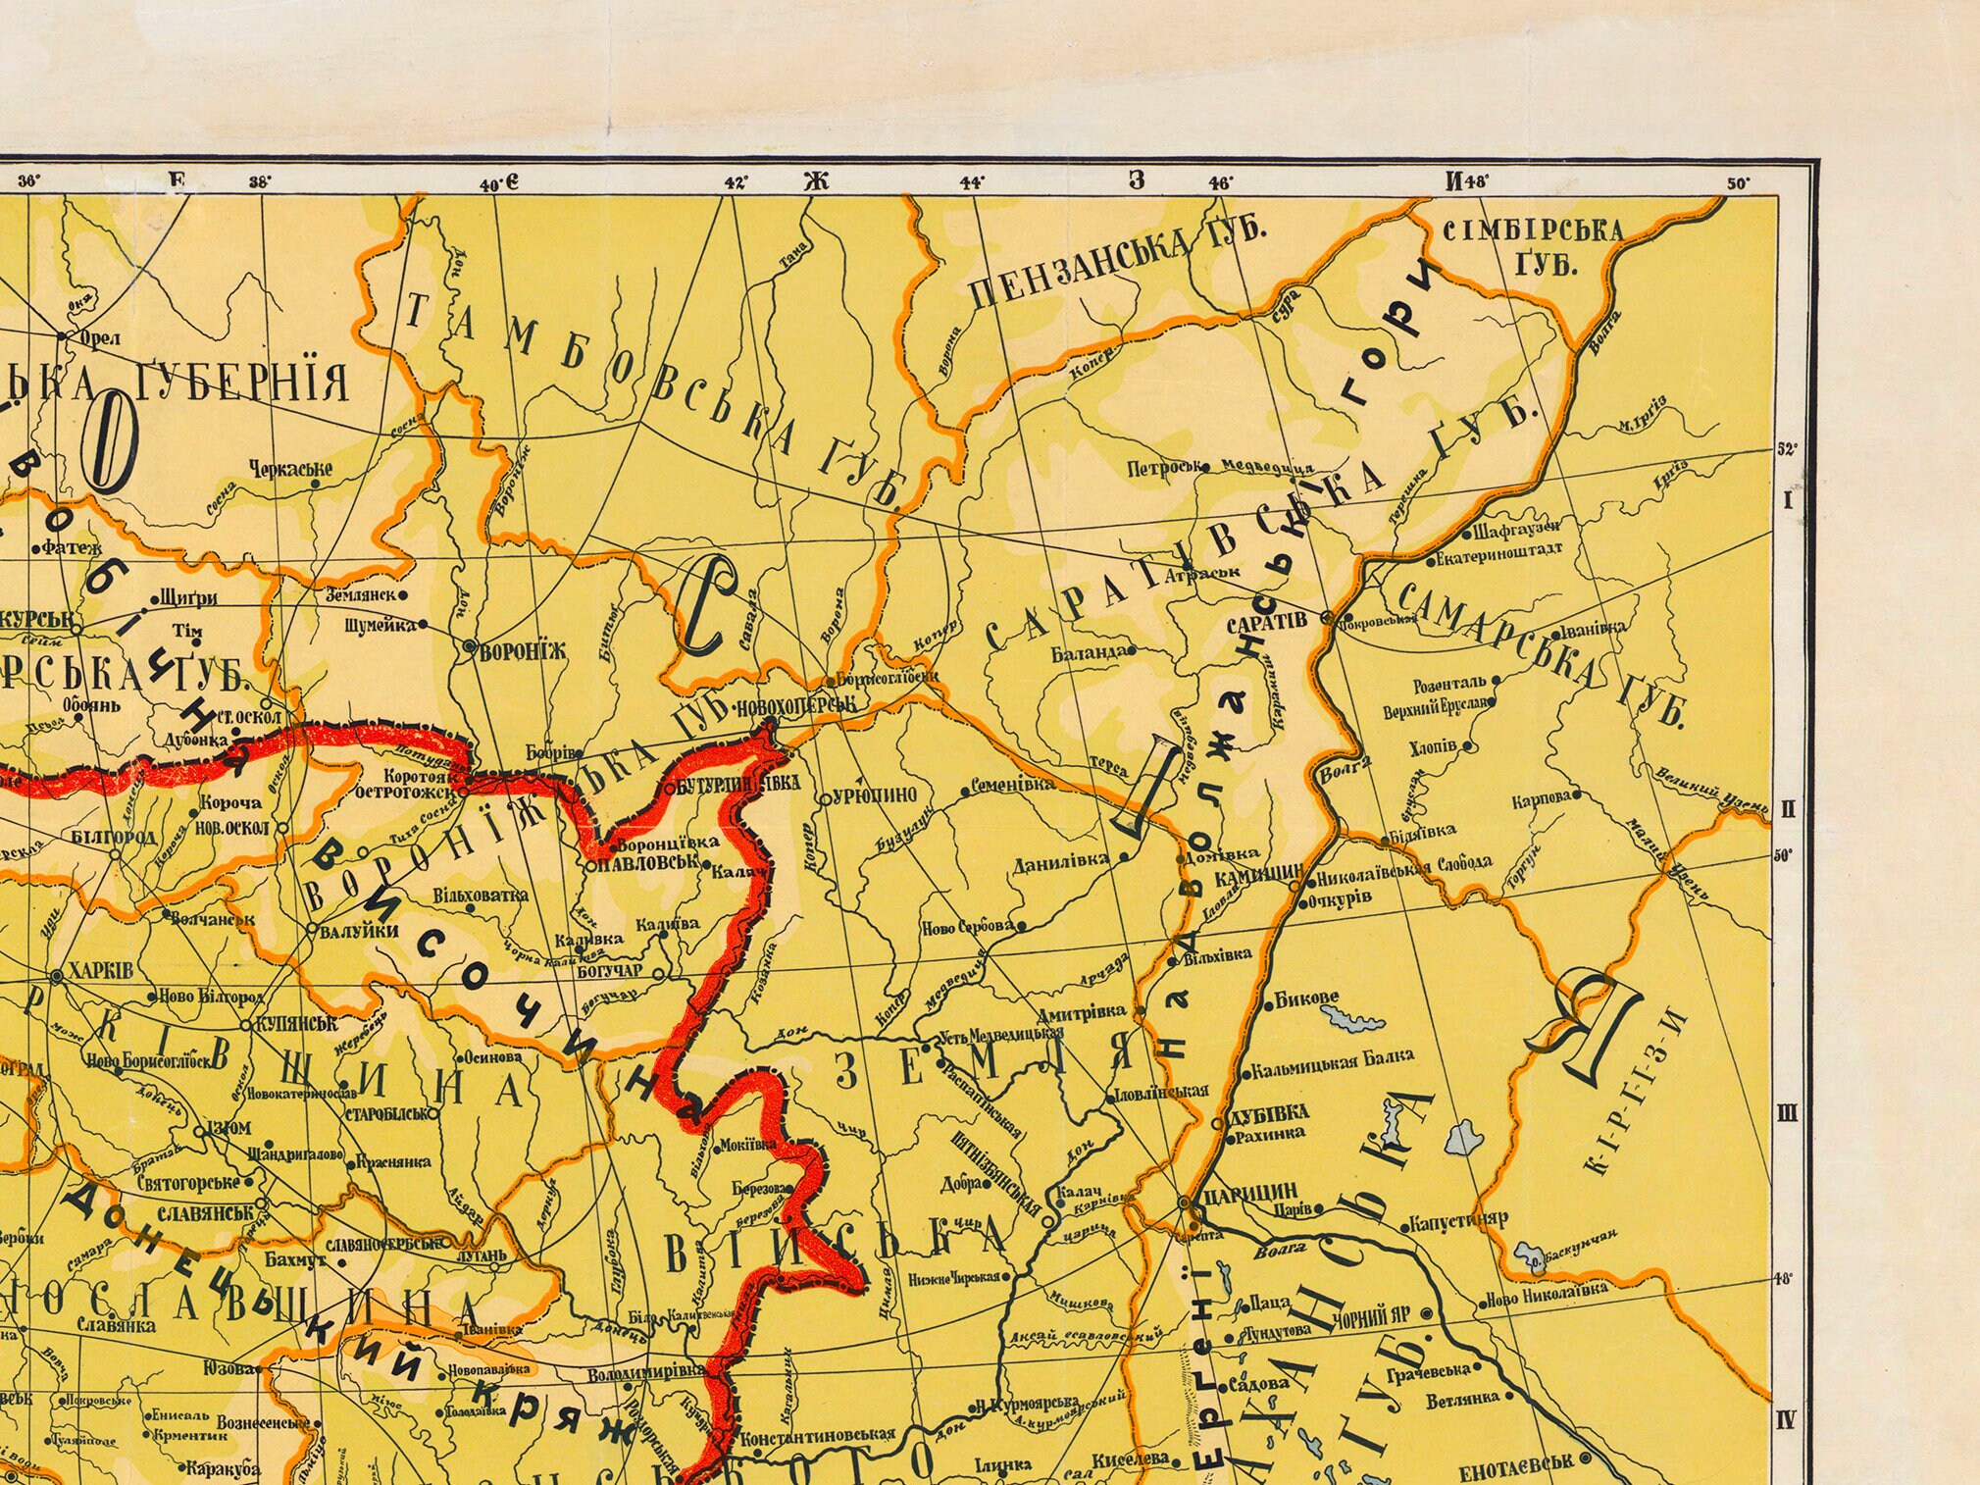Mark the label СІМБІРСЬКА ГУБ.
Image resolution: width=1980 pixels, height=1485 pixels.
[1533, 245]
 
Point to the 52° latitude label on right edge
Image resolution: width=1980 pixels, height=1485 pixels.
[1786, 450]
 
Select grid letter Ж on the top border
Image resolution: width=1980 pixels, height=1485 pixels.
[816, 180]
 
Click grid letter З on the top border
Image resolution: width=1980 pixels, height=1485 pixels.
[1137, 179]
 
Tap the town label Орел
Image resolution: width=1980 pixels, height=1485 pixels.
[100, 338]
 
